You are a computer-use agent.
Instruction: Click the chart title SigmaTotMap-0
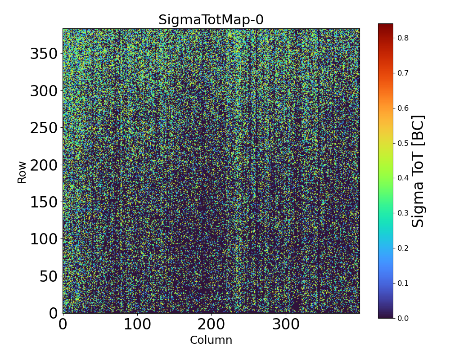211,20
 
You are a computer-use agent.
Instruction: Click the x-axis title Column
211,340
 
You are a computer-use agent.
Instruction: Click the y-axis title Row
22,171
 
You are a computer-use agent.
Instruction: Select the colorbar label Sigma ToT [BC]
418,171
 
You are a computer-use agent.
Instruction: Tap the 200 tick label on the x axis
211,324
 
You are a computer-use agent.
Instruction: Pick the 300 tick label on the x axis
286,324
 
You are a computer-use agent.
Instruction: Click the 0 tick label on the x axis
63,324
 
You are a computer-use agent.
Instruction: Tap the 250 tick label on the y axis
45,128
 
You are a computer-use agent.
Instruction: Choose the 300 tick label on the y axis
45,91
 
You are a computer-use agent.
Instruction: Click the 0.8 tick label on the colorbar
403,38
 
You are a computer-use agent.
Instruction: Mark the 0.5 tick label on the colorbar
403,143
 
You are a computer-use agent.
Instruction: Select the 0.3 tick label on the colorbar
403,213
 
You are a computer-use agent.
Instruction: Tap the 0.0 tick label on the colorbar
403,318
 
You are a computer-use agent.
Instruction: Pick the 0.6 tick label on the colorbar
403,108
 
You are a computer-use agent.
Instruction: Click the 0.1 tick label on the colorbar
403,283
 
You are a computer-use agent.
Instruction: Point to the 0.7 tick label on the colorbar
403,73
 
